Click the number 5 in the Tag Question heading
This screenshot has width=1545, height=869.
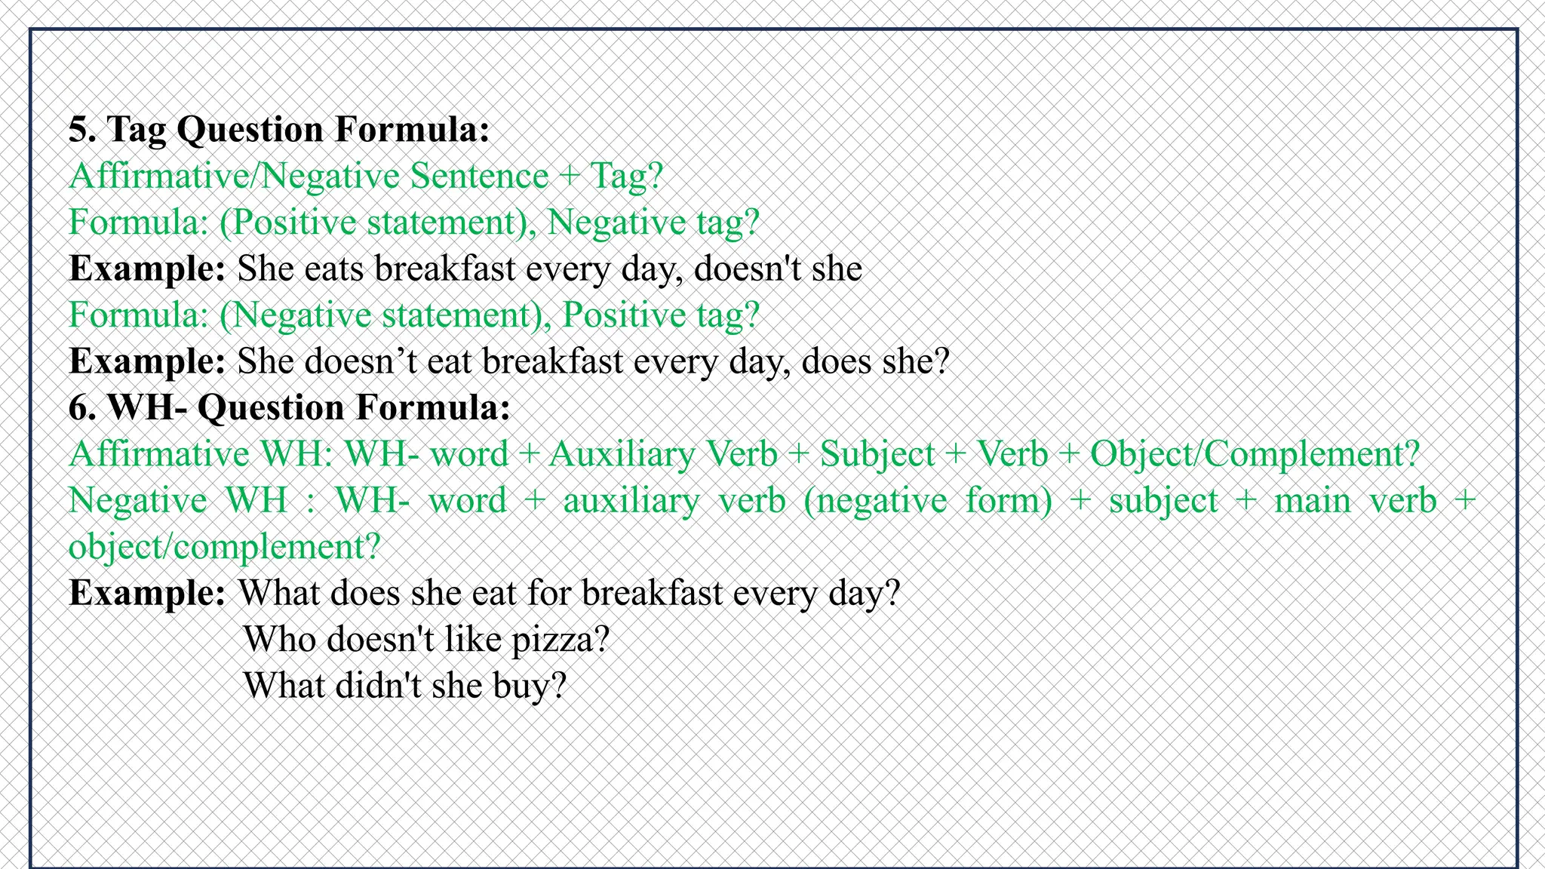pyautogui.click(x=76, y=129)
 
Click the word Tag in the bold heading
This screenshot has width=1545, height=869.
pyautogui.click(x=137, y=129)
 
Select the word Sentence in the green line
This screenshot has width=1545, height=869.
pyautogui.click(x=479, y=177)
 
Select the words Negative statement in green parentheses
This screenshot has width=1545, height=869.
pyautogui.click(x=385, y=315)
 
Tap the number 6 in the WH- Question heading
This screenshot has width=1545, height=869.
pyautogui.click(x=78, y=408)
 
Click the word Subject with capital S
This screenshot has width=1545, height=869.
pyautogui.click(x=877, y=454)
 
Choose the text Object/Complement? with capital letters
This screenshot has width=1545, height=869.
pyautogui.click(x=1255, y=454)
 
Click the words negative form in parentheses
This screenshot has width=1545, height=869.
pyautogui.click(x=928, y=501)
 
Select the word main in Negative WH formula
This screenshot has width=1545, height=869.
pyautogui.click(x=1312, y=501)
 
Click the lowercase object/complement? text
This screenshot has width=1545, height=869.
pyautogui.click(x=224, y=547)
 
